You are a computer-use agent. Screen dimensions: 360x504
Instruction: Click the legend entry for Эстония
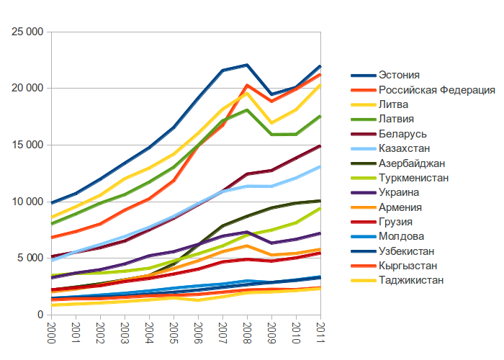399,75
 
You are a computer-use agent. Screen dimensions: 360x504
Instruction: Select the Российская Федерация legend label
436,90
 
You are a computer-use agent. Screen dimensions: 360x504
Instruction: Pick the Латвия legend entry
397,120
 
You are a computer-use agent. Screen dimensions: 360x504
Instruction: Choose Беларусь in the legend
402,134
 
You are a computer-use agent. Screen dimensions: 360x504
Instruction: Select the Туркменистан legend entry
415,178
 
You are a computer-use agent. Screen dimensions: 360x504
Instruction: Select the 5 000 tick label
31,258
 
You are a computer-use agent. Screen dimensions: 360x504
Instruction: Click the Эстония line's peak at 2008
247,65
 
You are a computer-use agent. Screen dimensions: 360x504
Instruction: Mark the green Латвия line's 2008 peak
247,110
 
